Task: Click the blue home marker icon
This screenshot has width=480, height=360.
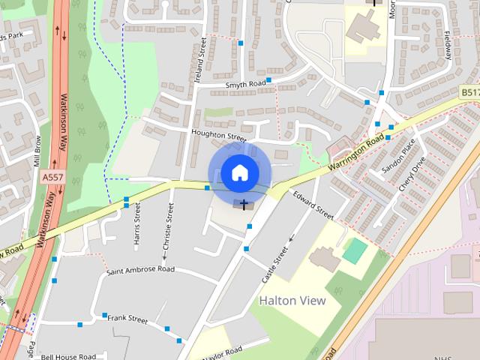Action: pos(238,172)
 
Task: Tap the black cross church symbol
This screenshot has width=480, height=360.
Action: pos(244,204)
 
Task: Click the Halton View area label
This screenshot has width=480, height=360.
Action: pos(292,301)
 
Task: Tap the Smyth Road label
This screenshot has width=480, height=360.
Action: pos(246,85)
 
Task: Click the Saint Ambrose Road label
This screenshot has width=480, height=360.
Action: pos(140,269)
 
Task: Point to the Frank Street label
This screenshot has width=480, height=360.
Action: pos(127,319)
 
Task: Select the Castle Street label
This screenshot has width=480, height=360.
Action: pos(274,264)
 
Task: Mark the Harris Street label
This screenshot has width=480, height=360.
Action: pos(137,226)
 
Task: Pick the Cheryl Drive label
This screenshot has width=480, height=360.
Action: pos(412,173)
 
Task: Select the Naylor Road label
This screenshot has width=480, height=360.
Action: pos(223,351)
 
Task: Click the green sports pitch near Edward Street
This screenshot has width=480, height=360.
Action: pos(355,250)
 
